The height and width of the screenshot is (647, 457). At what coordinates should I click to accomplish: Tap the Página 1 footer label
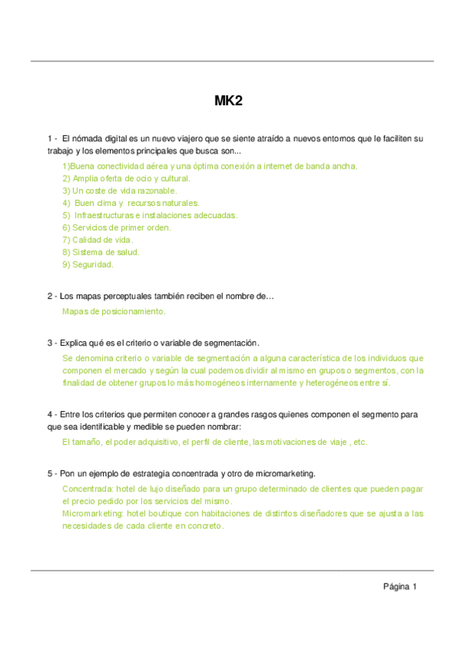click(x=400, y=587)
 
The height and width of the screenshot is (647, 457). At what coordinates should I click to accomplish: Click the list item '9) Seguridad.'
click(x=88, y=264)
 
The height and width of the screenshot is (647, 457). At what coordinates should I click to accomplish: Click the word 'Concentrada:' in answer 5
click(x=87, y=488)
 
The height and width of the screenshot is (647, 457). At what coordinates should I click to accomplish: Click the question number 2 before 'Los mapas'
click(x=50, y=296)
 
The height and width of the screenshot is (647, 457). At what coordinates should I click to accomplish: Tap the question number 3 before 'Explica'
click(x=50, y=343)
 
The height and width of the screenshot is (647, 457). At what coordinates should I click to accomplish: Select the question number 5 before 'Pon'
click(x=50, y=473)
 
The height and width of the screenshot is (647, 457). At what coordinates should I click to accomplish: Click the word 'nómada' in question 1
click(x=86, y=138)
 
